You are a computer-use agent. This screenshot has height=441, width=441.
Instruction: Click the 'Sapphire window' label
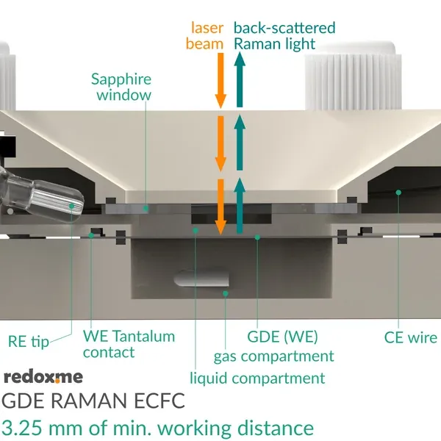[121, 86]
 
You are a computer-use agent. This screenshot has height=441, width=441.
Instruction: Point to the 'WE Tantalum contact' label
[129, 344]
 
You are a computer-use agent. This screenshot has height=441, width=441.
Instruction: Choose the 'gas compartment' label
[273, 356]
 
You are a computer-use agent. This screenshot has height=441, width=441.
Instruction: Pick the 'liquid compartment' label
[257, 379]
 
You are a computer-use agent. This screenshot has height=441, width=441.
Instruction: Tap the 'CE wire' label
[410, 338]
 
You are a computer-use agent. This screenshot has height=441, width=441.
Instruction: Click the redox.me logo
[43, 377]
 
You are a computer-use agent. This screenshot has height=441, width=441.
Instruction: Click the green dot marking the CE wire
[398, 193]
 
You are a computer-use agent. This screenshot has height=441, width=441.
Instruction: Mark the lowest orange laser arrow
[219, 207]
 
